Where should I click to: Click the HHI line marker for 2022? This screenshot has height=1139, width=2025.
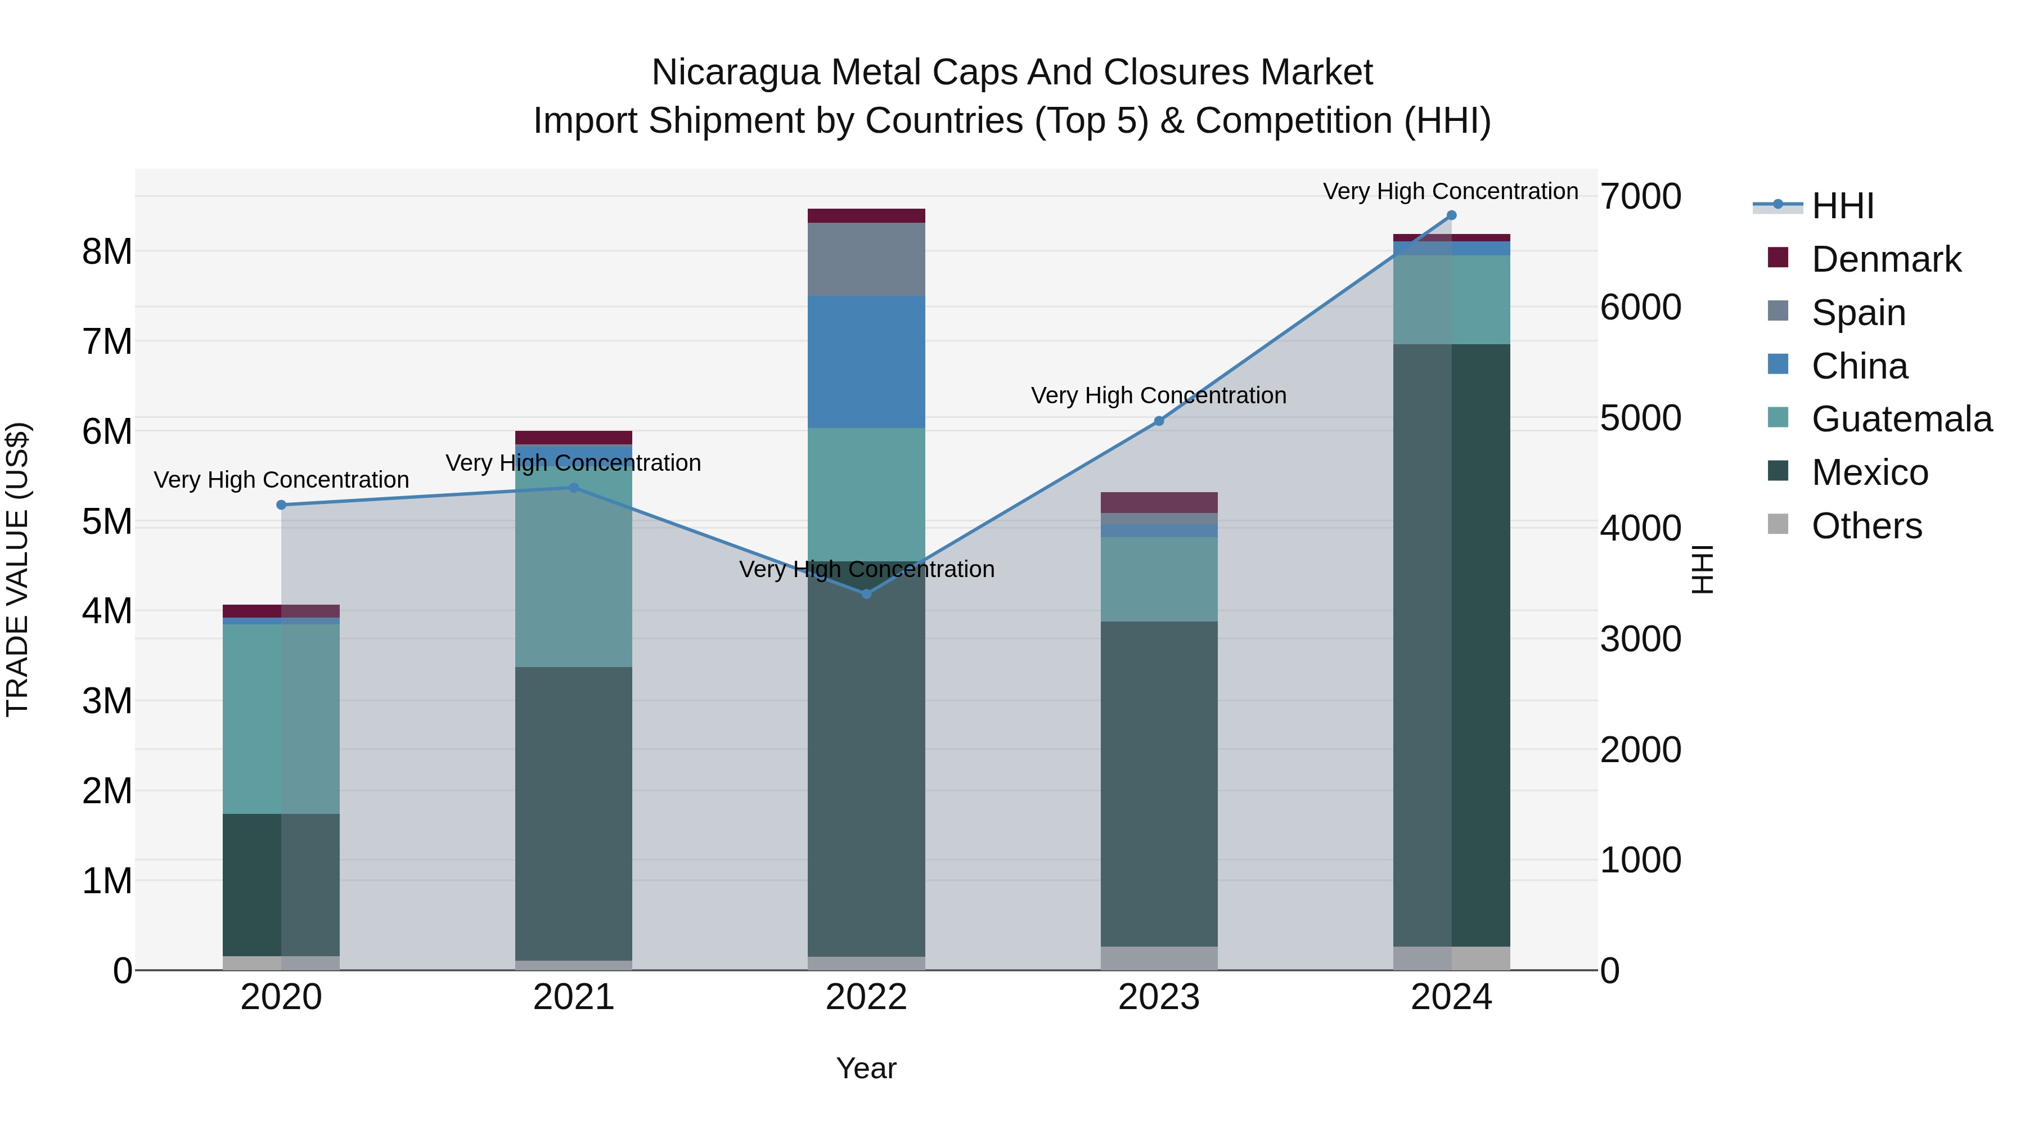coord(866,593)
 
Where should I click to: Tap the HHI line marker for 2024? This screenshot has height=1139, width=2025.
coord(1451,215)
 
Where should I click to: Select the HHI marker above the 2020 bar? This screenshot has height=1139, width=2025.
coord(281,505)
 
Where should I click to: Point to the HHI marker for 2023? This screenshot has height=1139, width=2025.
coord(1159,421)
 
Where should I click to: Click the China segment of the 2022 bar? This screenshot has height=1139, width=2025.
coord(866,362)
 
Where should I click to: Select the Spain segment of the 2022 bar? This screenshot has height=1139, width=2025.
coord(866,259)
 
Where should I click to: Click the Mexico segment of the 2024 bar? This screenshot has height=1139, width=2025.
coord(1451,645)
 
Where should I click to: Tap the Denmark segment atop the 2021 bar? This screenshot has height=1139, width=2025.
coord(574,437)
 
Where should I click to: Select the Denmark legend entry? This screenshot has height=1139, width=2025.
coord(1885,259)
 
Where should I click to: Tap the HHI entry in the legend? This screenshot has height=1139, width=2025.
coord(1842,206)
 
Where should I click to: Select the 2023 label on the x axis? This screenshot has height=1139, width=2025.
coord(1159,997)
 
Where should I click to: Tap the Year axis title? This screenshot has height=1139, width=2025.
coord(866,1068)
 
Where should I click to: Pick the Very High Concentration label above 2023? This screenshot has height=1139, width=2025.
coord(1159,395)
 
